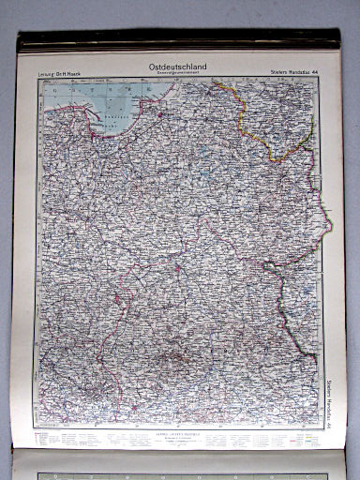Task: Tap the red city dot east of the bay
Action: pos(159,116)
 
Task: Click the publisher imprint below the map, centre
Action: pos(178,438)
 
